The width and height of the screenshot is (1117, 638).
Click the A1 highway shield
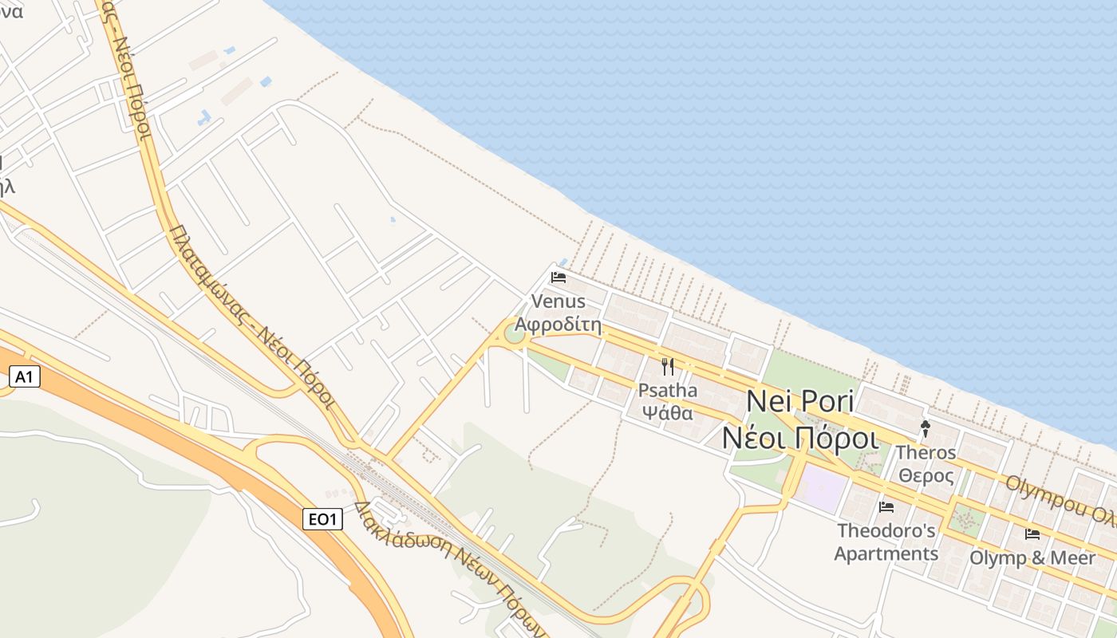pos(24,376)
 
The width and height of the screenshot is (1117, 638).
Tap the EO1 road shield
pos(323,520)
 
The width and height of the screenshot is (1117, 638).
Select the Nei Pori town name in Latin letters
pos(799,401)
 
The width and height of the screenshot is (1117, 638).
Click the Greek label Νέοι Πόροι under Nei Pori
pos(799,437)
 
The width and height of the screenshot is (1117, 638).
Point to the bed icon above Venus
pos(558,278)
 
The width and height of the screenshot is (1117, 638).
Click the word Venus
pos(558,301)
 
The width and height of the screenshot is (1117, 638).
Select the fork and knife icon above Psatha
pos(668,367)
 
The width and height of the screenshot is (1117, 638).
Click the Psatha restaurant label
pos(668,390)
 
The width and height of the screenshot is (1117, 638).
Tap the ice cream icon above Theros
pos(926,428)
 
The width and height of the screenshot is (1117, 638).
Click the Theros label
pos(926,452)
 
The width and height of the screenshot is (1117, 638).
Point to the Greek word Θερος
pos(926,476)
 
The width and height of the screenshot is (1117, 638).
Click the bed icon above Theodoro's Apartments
pos(886,507)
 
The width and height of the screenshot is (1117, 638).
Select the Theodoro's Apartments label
pos(886,542)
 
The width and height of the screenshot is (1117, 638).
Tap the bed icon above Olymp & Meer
pos(1032,534)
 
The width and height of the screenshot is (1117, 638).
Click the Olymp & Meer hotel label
pos(1032,557)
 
